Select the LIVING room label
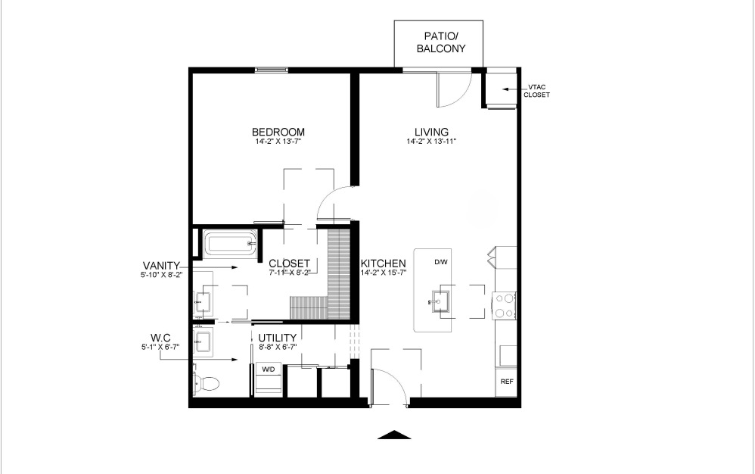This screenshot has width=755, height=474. (x=431, y=131)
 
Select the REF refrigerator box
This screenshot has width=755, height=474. (x=506, y=382)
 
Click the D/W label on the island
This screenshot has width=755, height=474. (x=441, y=263)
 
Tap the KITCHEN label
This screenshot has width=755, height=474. (x=384, y=263)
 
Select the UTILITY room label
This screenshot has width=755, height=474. (x=278, y=338)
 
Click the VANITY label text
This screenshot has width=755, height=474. (x=161, y=265)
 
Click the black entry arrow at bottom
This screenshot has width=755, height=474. (x=393, y=435)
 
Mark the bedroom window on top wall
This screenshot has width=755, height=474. (x=272, y=70)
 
